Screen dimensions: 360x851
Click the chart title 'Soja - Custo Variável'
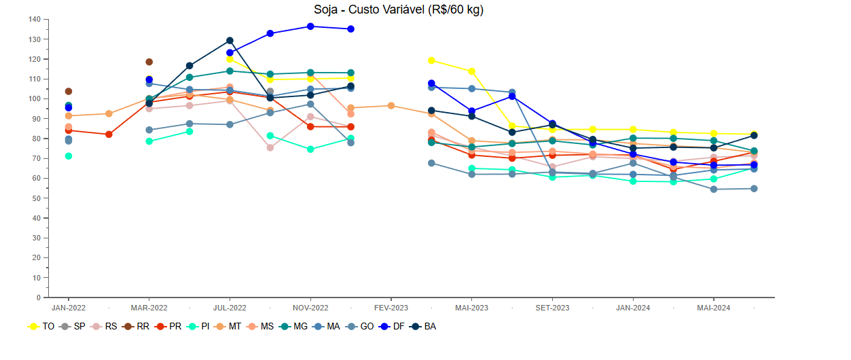[399, 10]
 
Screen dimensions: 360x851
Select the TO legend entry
[41, 327]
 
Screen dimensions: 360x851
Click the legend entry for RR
[136, 327]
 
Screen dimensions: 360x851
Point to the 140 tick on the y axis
[35, 19]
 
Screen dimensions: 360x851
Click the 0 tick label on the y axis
[38, 298]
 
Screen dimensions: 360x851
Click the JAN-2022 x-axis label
[69, 308]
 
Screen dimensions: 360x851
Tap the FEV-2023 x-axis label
[391, 308]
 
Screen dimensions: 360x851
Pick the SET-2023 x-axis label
[552, 308]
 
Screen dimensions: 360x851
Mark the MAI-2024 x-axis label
[714, 308]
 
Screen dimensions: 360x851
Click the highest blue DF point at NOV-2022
[310, 26]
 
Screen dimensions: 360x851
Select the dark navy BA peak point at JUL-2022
[230, 41]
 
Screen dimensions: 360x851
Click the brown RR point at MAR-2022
[149, 62]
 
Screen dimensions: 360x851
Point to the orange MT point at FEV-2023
[391, 106]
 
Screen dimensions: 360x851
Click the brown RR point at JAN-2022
[69, 91]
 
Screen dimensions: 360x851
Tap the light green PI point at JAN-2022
[69, 156]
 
